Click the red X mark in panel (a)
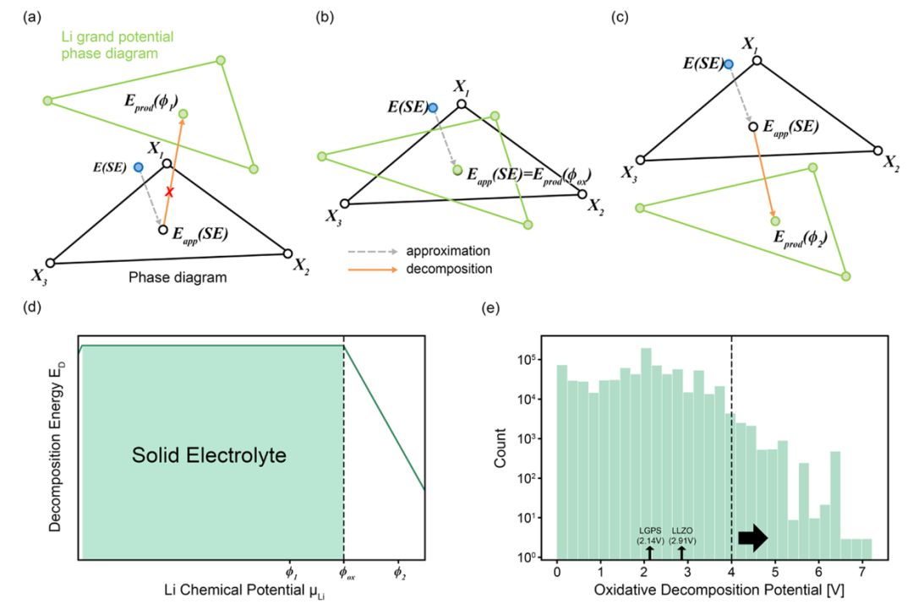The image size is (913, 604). [x=170, y=193]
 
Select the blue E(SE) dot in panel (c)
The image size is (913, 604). [x=728, y=63]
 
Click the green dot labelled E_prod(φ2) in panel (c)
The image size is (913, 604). [x=775, y=221]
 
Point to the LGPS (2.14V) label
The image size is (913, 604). [x=649, y=535]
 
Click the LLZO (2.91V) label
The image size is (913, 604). [x=682, y=535]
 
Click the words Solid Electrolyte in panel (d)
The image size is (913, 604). [x=210, y=456]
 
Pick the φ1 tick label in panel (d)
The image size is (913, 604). [x=290, y=573]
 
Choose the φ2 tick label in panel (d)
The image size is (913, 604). [x=399, y=573]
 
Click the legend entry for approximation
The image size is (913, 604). [x=448, y=252]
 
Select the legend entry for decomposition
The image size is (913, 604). [x=449, y=269]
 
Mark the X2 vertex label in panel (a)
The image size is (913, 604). [x=301, y=266]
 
